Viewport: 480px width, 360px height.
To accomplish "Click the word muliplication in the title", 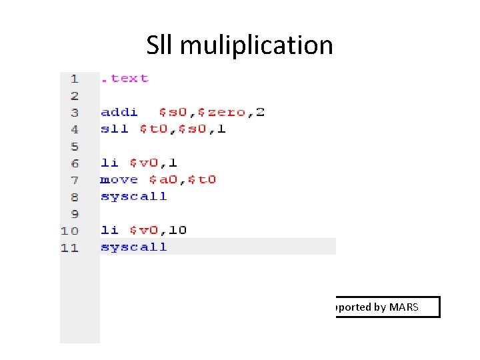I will [256, 46].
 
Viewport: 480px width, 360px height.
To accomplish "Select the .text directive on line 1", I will [125, 79].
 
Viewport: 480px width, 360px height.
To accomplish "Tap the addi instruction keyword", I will [119, 112].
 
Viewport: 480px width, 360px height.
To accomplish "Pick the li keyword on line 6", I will [109, 163].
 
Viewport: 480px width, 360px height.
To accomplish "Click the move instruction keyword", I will [119, 179].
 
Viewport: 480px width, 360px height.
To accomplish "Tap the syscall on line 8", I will [133, 197].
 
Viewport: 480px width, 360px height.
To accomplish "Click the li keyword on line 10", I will [109, 230].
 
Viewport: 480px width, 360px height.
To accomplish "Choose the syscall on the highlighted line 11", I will [133, 247].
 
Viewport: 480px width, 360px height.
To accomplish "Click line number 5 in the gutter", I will [74, 146].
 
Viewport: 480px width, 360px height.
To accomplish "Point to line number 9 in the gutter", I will [74, 213].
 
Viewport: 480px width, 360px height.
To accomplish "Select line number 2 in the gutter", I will [74, 95].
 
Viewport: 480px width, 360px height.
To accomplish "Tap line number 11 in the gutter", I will [70, 247].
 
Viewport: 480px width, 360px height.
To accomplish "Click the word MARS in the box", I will [404, 307].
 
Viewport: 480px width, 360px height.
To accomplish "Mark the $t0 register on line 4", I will [153, 129].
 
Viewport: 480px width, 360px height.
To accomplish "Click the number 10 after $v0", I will [177, 230].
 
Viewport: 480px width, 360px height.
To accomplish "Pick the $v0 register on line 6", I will [143, 163].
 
